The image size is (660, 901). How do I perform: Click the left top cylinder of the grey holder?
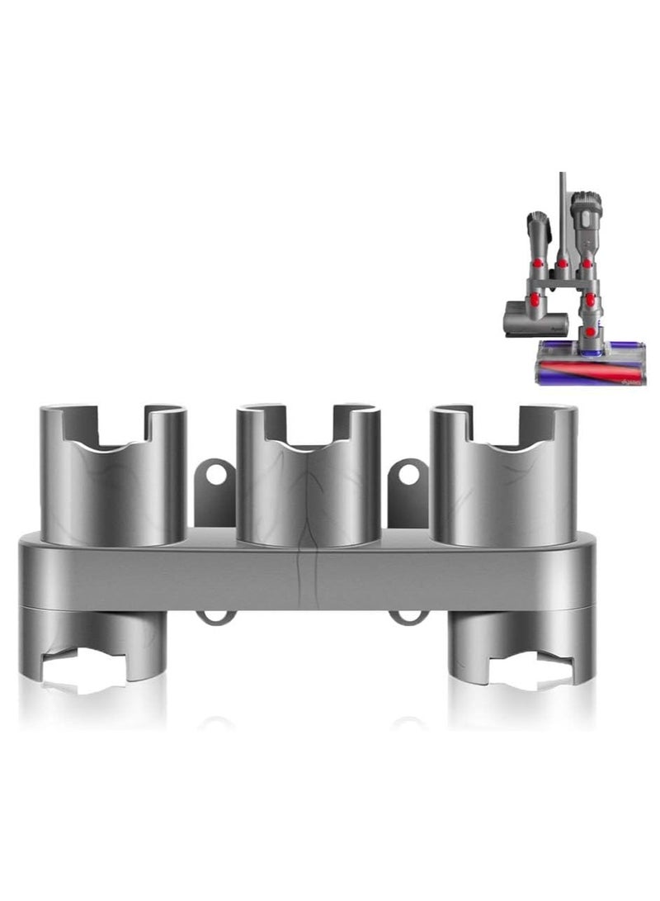(x=113, y=491)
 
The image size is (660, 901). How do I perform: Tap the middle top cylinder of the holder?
(x=308, y=491)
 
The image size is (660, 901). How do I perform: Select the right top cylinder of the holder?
(x=503, y=491)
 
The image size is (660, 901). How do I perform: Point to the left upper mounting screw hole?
(x=215, y=475)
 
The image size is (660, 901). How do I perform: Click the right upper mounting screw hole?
(x=407, y=475)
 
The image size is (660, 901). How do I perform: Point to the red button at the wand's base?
(x=562, y=264)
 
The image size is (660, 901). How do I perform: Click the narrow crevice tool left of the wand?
(x=535, y=231)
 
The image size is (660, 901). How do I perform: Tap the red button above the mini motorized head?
(x=536, y=262)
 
